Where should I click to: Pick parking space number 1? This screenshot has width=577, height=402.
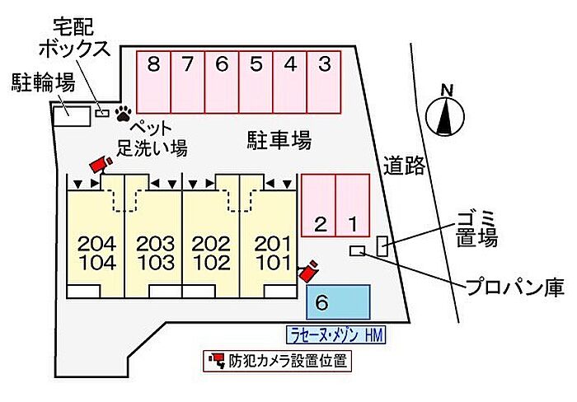click(352, 205)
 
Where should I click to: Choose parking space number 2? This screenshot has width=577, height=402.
click(319, 205)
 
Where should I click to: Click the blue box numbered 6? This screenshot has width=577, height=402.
click(338, 302)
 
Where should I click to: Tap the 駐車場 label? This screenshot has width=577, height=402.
click(279, 141)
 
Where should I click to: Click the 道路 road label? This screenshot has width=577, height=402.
click(404, 166)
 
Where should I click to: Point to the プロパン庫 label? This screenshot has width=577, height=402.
click(514, 287)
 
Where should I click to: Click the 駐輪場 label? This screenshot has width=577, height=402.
click(43, 82)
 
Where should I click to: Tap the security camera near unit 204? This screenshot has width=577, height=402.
click(100, 164)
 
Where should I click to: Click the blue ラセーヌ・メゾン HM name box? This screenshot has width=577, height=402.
click(335, 334)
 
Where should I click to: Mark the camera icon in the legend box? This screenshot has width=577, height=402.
click(217, 360)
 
